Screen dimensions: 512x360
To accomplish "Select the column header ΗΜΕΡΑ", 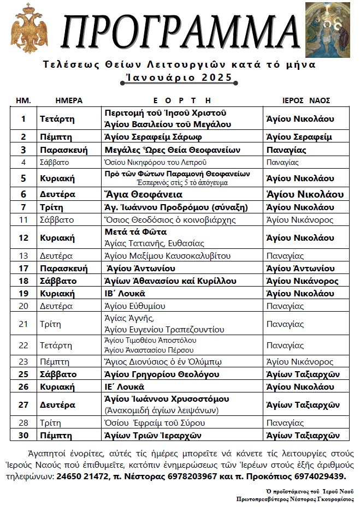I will pyautogui.click(x=69, y=100).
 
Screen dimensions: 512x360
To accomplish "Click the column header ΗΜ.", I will pyautogui.click(x=23, y=100).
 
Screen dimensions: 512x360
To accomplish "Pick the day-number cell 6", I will pyautogui.click(x=23, y=194).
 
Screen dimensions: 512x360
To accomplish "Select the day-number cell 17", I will pyautogui.click(x=23, y=268).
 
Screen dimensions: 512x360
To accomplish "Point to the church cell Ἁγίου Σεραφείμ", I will pyautogui.click(x=299, y=137).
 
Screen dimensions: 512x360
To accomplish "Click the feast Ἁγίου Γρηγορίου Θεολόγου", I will pyautogui.click(x=162, y=374).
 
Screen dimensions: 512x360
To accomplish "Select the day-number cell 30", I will pyautogui.click(x=23, y=435).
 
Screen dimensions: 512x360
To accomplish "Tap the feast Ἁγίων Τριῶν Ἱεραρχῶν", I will pyautogui.click(x=153, y=435).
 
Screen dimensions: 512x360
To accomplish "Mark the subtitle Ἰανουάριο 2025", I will pyautogui.click(x=179, y=78).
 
